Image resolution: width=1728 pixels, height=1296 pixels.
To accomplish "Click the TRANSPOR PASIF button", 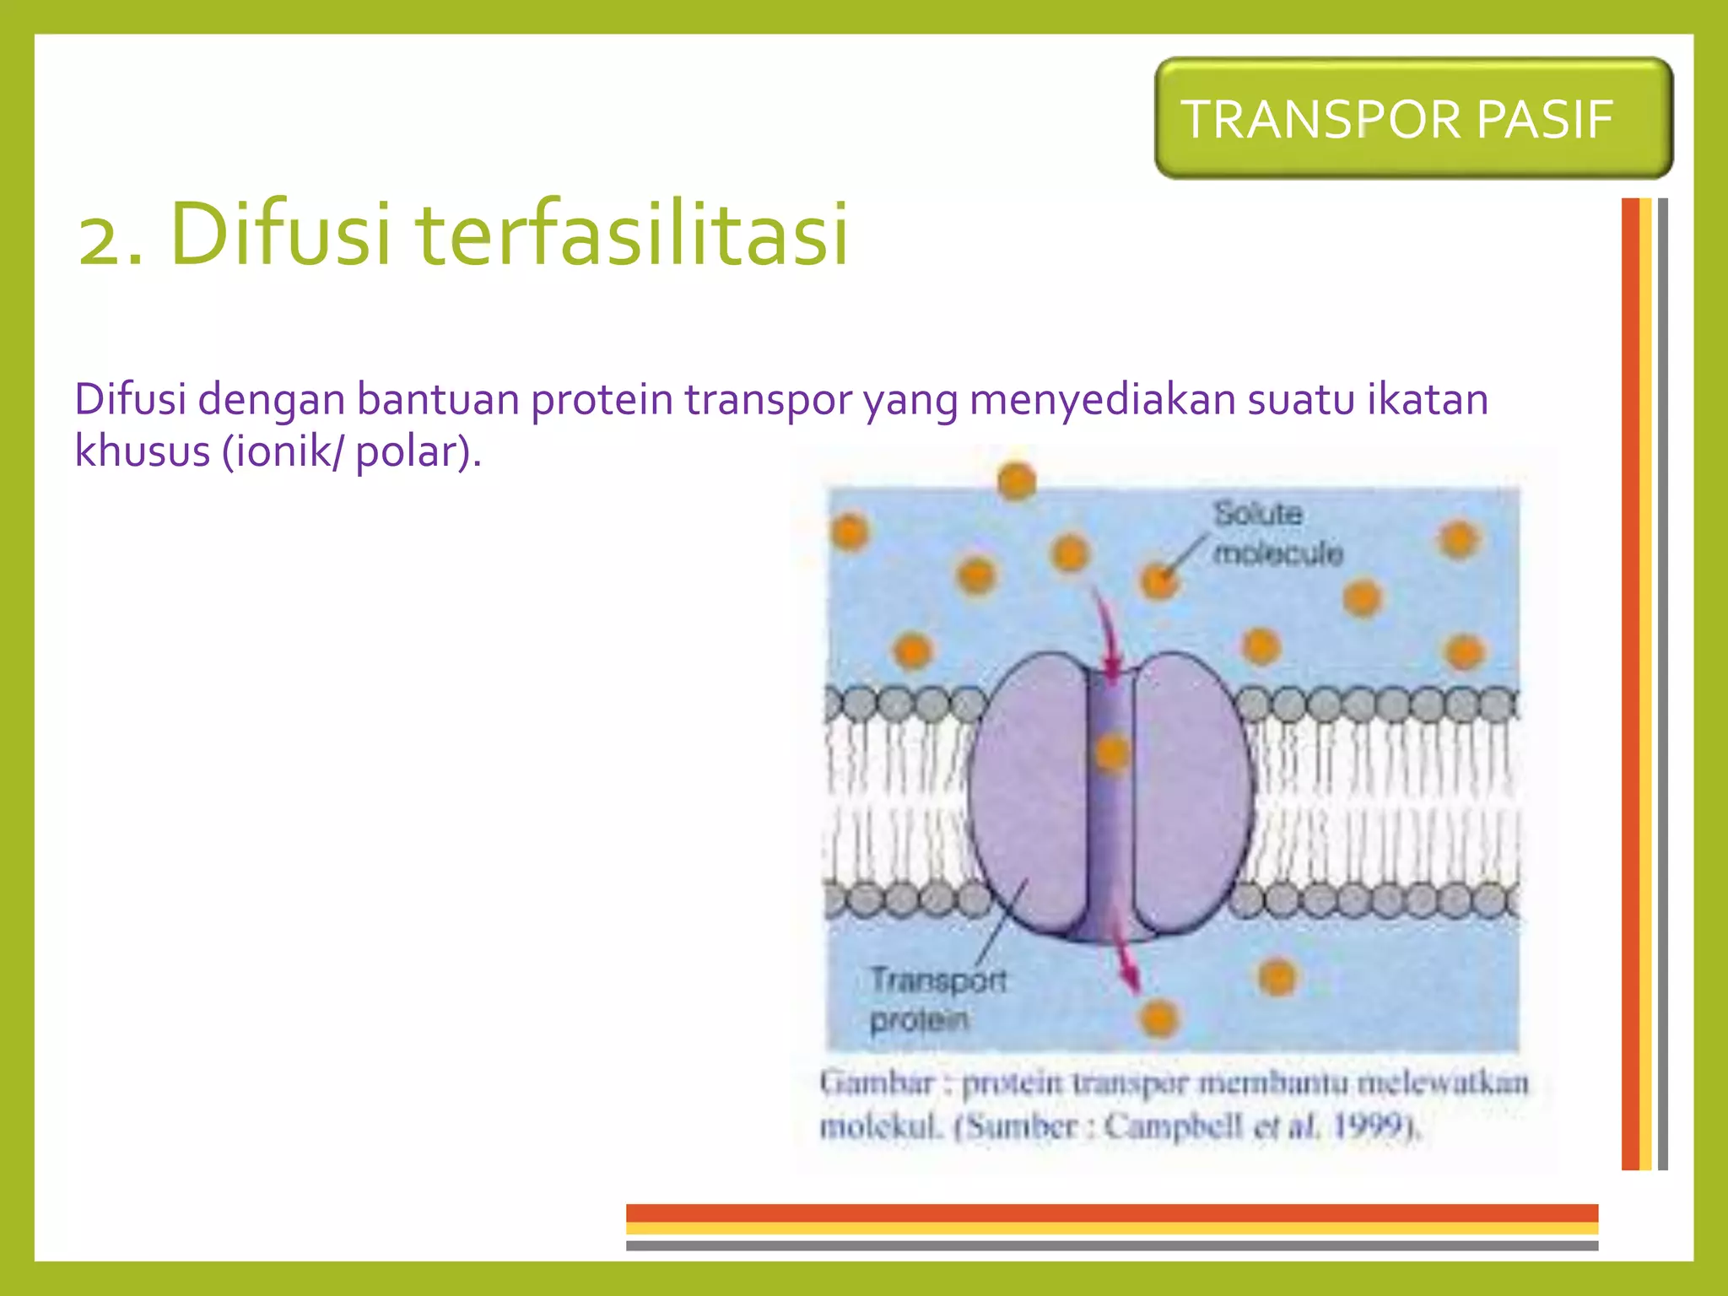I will pyautogui.click(x=1412, y=119).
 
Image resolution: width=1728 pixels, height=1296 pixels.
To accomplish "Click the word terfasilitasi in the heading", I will pyautogui.click(x=633, y=234).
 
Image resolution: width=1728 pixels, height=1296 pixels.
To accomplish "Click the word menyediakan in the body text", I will pyautogui.click(x=1102, y=399).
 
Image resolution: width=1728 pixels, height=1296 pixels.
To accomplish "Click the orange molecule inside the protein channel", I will pyautogui.click(x=1112, y=752).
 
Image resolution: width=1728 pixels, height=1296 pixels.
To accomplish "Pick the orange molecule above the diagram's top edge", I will pyautogui.click(x=1017, y=481).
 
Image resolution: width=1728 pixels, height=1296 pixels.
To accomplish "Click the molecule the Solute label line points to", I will pyautogui.click(x=1158, y=581).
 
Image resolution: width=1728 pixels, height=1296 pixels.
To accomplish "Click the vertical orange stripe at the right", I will pyautogui.click(x=1629, y=683).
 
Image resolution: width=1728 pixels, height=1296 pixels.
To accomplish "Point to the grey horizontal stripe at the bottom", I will pyautogui.click(x=1111, y=1245).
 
